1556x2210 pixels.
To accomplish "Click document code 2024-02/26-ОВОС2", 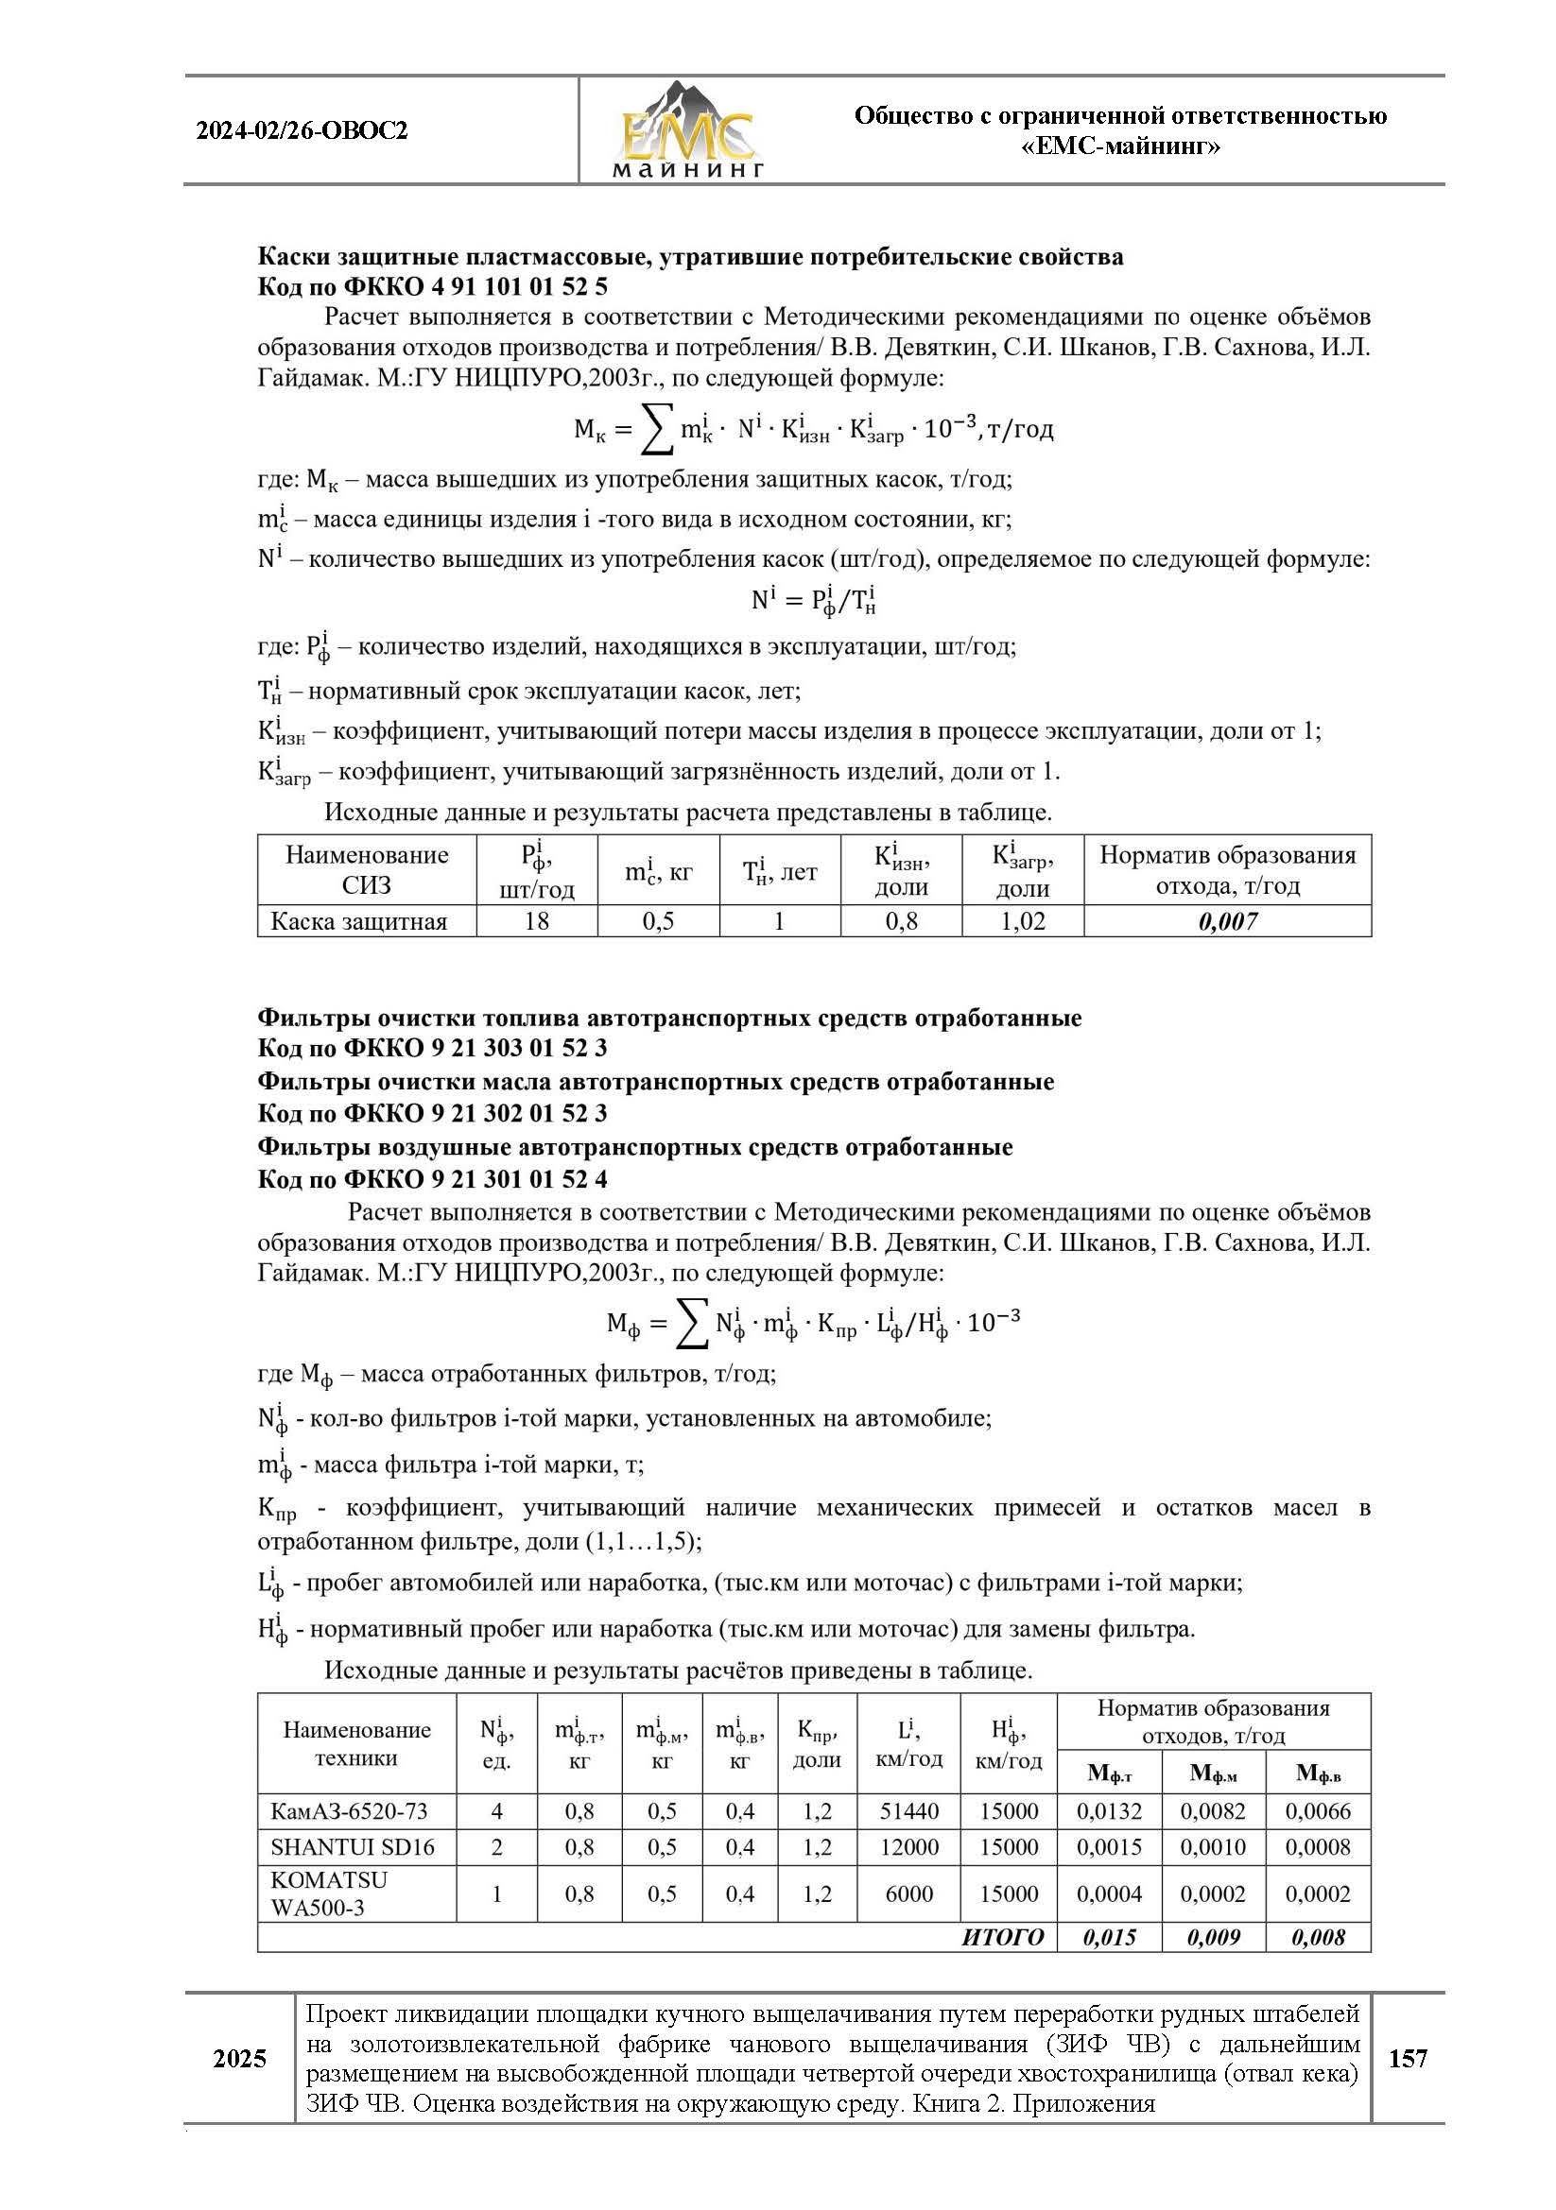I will (302, 131).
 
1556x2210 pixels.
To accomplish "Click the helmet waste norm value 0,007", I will (1228, 921).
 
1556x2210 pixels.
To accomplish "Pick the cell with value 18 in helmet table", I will (536, 921).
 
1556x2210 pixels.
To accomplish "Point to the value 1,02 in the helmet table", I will (1023, 921).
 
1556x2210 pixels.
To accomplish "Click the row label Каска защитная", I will (358, 921).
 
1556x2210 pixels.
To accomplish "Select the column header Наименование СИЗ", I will (366, 869).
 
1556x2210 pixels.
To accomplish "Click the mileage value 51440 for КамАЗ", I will (908, 1810).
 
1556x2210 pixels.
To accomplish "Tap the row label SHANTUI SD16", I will (353, 1847).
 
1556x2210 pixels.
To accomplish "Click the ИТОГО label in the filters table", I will (1002, 1938).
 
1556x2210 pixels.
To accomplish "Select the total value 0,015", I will (1109, 1938).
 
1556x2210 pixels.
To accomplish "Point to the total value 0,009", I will (1213, 1938).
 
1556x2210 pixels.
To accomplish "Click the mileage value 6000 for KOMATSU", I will (908, 1893).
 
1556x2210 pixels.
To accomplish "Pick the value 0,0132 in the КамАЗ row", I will (1109, 1810).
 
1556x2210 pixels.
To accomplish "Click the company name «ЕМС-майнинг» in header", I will (1120, 147).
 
